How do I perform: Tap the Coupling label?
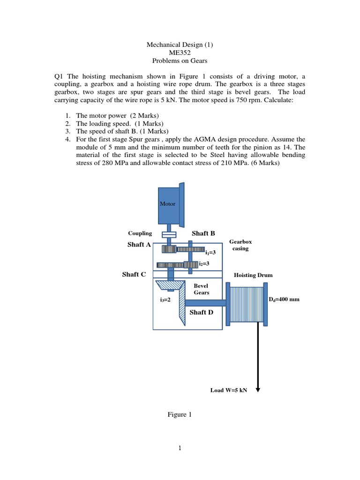pyautogui.click(x=140, y=233)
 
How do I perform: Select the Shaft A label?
pyautogui.click(x=139, y=244)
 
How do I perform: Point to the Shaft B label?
pyautogui.click(x=203, y=233)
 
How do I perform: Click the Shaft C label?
pyautogui.click(x=134, y=274)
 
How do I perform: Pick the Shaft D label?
pyautogui.click(x=202, y=312)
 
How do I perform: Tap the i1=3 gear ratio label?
pyautogui.click(x=210, y=252)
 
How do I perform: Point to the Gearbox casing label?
pyautogui.click(x=240, y=245)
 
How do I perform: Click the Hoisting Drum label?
pyautogui.click(x=253, y=275)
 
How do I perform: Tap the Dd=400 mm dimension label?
pyautogui.click(x=284, y=299)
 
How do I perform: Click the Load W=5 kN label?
pyautogui.click(x=228, y=390)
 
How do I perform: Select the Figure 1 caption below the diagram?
pyautogui.click(x=180, y=414)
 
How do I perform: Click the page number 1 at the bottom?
pyautogui.click(x=180, y=448)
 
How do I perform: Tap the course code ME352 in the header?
pyautogui.click(x=180, y=53)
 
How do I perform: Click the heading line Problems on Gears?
pyautogui.click(x=180, y=61)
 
